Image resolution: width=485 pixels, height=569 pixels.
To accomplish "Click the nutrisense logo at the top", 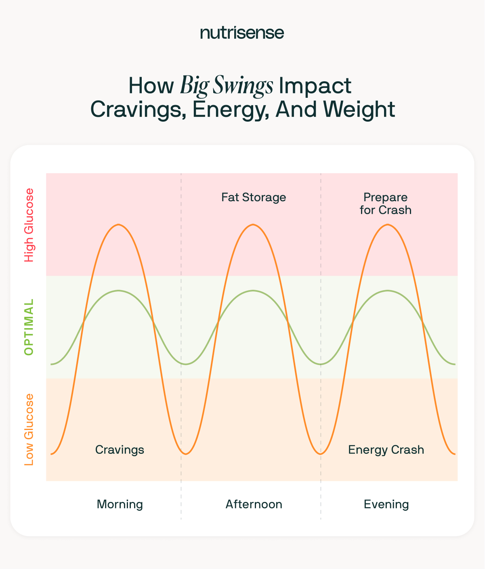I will pyautogui.click(x=242, y=33).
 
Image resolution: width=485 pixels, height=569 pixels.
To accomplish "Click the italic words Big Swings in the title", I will pyautogui.click(x=226, y=86).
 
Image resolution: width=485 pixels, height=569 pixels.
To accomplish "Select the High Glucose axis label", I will pyautogui.click(x=29, y=225).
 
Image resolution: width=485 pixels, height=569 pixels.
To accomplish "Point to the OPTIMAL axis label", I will pyautogui.click(x=29, y=327).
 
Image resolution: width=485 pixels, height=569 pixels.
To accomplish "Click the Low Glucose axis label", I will pyautogui.click(x=29, y=429).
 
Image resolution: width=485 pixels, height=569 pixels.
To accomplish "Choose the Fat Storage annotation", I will pyautogui.click(x=254, y=197).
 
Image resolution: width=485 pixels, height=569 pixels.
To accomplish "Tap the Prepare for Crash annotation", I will pyautogui.click(x=386, y=204).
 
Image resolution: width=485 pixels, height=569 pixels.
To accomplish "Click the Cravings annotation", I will pyautogui.click(x=120, y=450).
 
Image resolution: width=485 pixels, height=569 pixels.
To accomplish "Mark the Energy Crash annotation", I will pyautogui.click(x=386, y=450).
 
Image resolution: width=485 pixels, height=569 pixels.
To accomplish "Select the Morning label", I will pyautogui.click(x=120, y=504).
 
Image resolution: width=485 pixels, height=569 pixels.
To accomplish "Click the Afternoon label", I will pyautogui.click(x=254, y=504).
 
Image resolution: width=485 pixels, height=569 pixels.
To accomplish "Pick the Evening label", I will pyautogui.click(x=386, y=504).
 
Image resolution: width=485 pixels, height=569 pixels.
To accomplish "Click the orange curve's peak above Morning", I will pyautogui.click(x=118, y=224).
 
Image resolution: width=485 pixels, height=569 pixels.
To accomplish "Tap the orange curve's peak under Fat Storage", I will pyautogui.click(x=253, y=224).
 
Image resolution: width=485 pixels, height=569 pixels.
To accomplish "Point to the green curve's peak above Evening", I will pyautogui.click(x=387, y=291).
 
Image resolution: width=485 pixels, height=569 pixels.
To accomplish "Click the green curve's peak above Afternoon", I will pyautogui.click(x=253, y=291).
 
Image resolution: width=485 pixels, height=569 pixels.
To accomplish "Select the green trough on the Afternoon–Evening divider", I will pyautogui.click(x=320, y=364).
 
